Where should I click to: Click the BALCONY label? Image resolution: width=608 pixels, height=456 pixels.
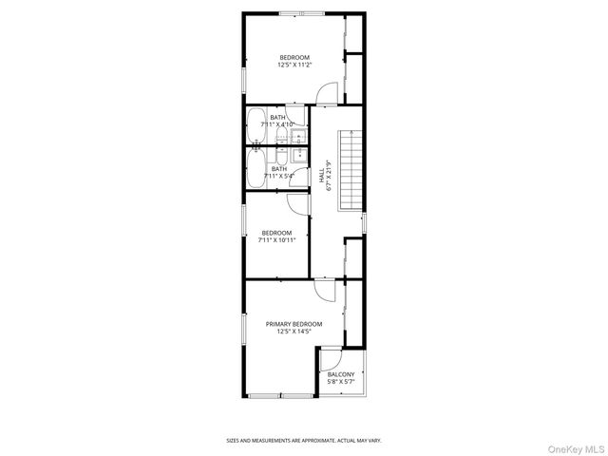pyautogui.click(x=341, y=374)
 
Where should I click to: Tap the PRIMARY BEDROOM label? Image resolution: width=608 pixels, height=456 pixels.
pyautogui.click(x=294, y=324)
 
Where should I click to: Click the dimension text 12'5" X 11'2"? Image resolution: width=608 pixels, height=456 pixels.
pyautogui.click(x=294, y=66)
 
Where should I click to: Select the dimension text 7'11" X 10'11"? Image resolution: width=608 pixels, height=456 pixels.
pyautogui.click(x=277, y=240)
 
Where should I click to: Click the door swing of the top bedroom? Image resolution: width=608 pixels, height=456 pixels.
pyautogui.click(x=326, y=92)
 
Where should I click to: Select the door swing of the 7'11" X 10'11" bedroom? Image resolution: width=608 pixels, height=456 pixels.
pyautogui.click(x=296, y=203)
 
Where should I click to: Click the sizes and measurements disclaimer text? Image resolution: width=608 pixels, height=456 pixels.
pyautogui.click(x=303, y=440)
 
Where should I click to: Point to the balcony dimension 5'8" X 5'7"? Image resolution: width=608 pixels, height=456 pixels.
pyautogui.click(x=341, y=382)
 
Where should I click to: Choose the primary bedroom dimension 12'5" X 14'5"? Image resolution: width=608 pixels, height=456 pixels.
pyautogui.click(x=294, y=332)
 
